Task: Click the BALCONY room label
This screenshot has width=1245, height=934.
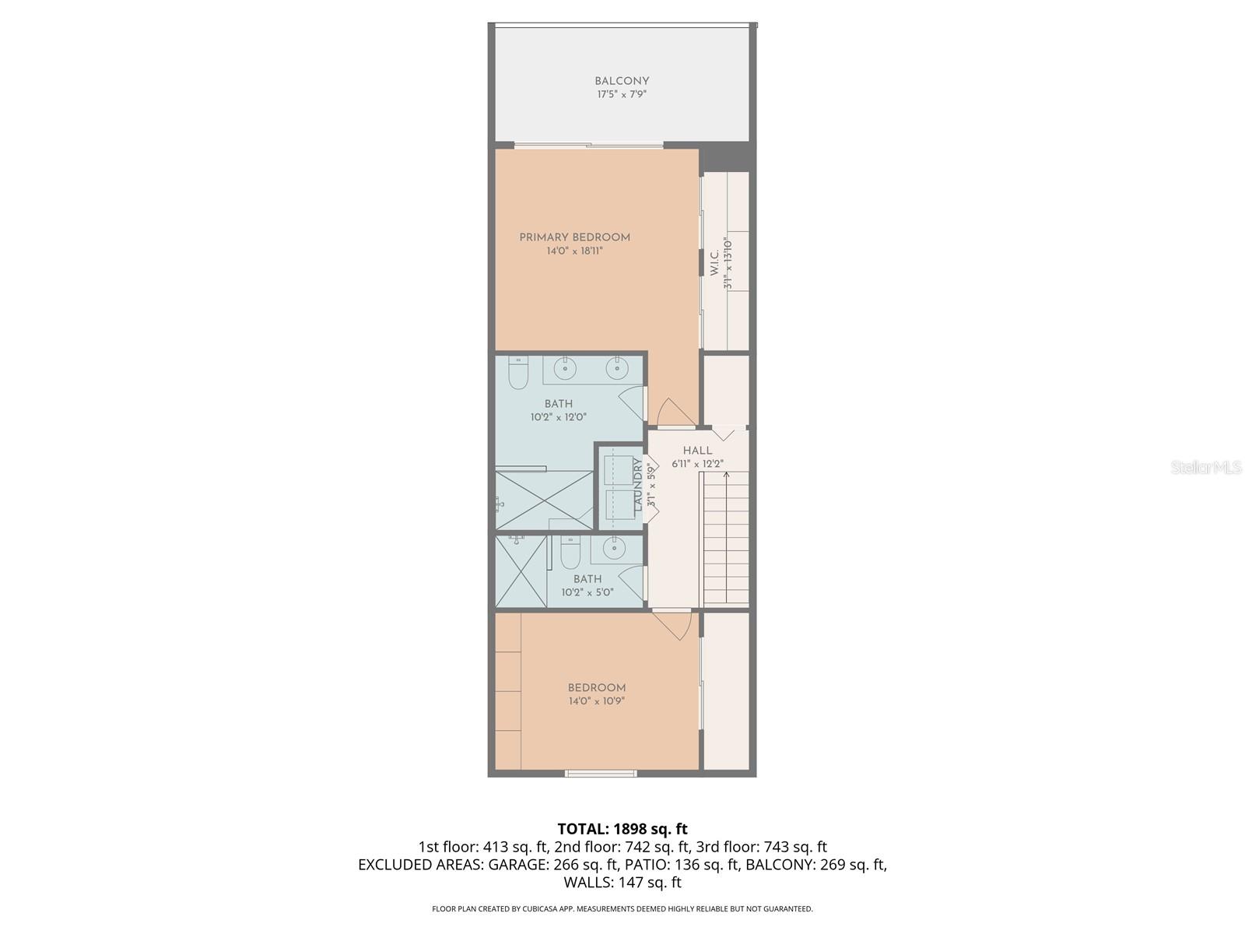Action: point(622,81)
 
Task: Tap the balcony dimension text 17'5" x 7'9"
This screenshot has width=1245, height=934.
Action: point(622,94)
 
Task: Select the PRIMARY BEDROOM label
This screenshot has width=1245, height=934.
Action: point(575,237)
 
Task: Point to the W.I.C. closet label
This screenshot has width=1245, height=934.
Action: point(714,264)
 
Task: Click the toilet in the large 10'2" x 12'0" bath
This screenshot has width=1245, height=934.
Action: point(518,374)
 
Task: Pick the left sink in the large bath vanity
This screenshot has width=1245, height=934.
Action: point(565,368)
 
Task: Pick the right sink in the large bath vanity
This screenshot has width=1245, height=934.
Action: point(617,369)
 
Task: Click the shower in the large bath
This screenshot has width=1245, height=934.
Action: point(545,500)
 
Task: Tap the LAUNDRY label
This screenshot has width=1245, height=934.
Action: point(638,485)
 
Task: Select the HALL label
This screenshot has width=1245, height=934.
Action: point(697,451)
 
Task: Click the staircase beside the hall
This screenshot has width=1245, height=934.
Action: point(725,537)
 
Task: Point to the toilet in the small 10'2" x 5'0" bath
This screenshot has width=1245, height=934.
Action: point(570,553)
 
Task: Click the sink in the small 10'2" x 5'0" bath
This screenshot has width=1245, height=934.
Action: point(615,549)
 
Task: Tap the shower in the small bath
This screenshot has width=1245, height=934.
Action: point(521,571)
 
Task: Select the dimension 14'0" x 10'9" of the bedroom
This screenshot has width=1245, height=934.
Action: point(597,701)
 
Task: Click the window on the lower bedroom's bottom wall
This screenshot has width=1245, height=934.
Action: point(601,773)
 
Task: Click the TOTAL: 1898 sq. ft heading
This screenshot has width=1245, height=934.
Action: point(622,829)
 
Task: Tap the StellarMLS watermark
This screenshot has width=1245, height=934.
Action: point(1205,467)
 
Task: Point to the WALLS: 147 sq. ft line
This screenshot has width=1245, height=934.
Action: point(622,883)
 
